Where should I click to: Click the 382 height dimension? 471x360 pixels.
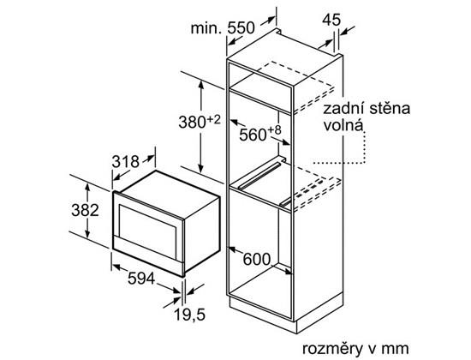click(85, 210)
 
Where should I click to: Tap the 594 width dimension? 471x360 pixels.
click(141, 279)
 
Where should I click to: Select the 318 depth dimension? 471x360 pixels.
click(126, 162)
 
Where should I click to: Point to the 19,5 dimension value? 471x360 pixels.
click(189, 315)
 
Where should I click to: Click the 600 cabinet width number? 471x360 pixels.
click(257, 259)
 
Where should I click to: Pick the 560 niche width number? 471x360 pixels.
click(253, 135)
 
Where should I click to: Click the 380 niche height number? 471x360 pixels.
click(192, 122)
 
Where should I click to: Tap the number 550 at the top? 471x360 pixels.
click(241, 28)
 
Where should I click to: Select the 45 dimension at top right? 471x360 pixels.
click(331, 20)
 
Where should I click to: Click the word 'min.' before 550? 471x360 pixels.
click(206, 28)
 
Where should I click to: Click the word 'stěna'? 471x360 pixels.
click(390, 108)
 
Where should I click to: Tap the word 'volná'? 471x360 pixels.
click(343, 125)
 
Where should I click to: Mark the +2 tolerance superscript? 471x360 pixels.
click(213, 119)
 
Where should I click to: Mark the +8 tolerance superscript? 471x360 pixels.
click(274, 130)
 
